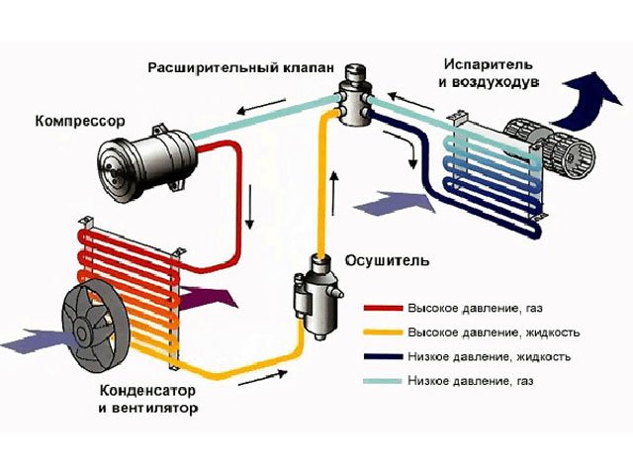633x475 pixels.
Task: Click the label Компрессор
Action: pos(79,122)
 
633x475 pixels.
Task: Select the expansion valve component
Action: pos(353,97)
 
